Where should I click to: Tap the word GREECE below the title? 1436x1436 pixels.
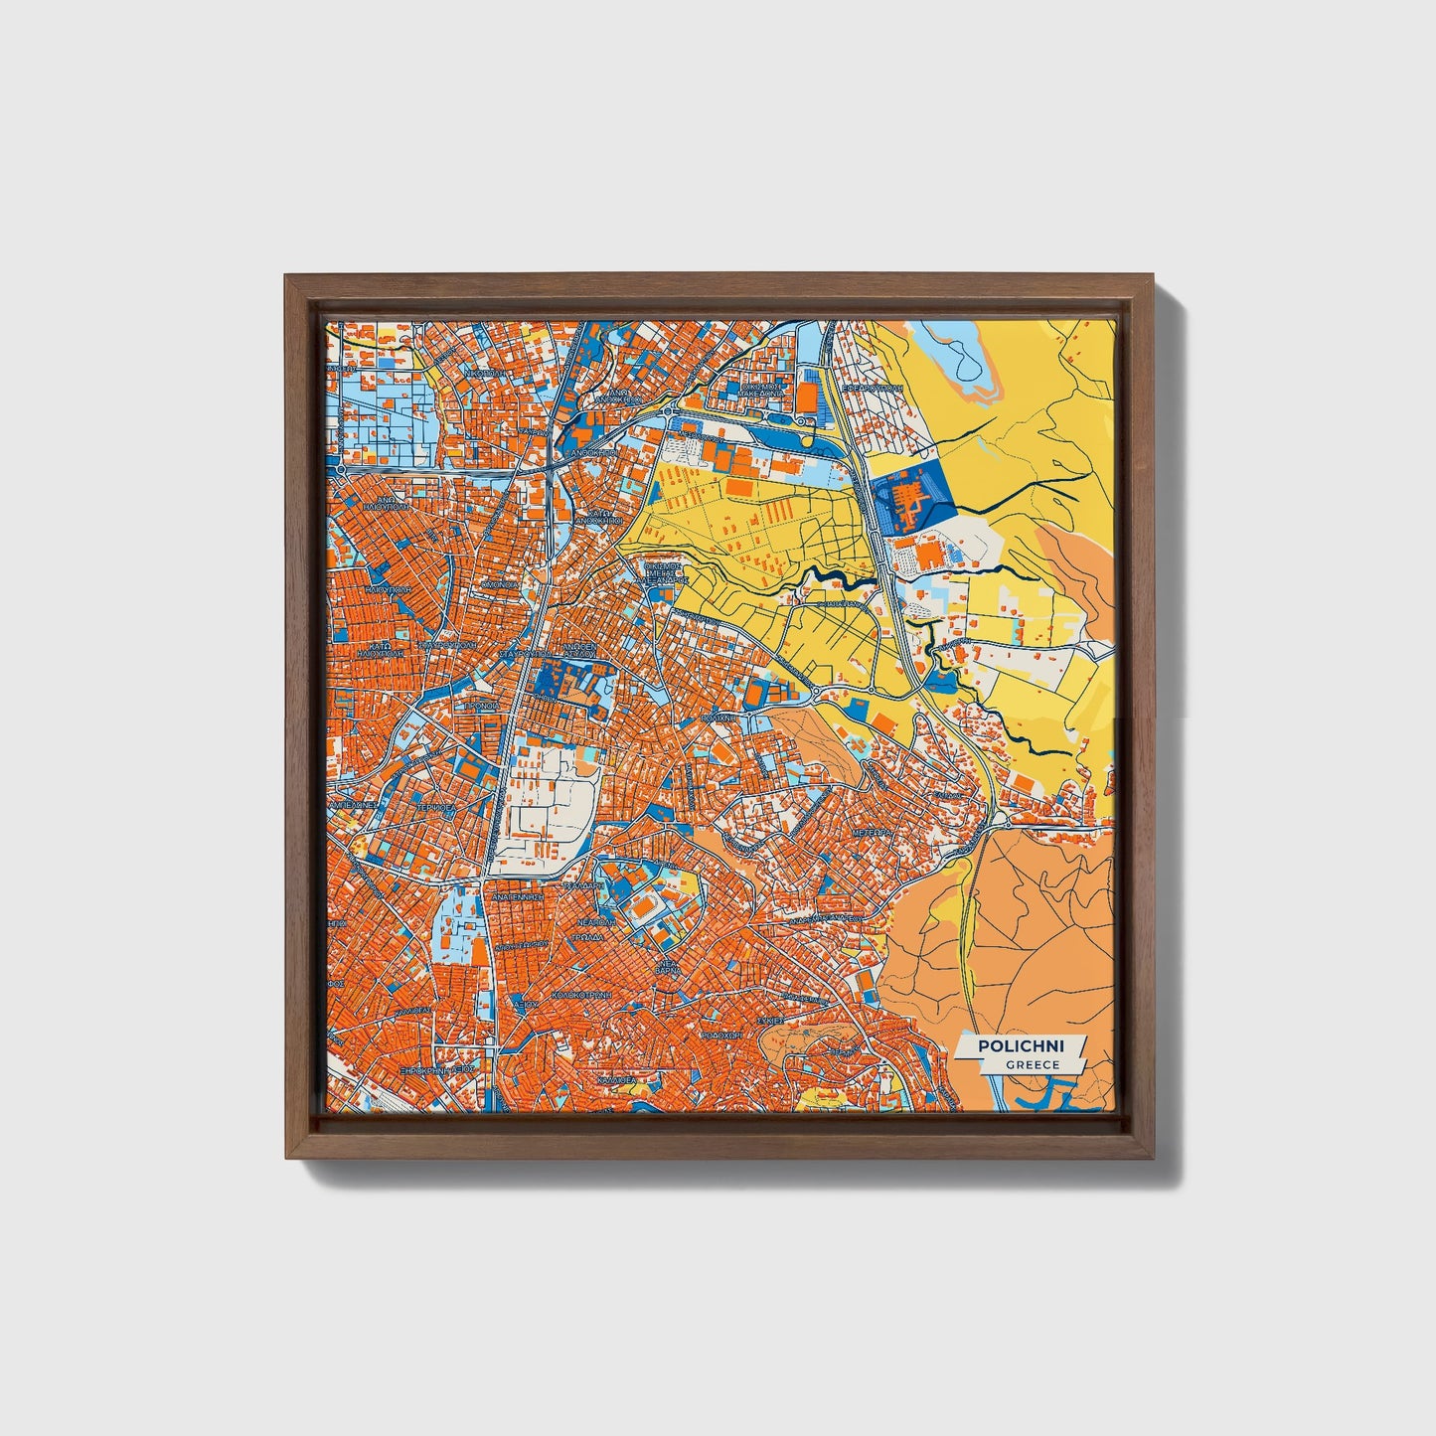[x=1032, y=1064]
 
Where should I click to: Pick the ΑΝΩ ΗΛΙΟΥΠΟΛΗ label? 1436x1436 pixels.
[x=381, y=503]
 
